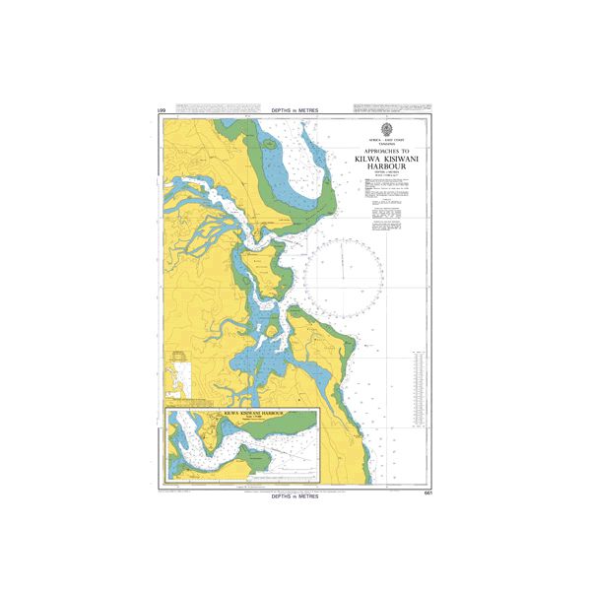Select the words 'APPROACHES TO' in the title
pos(384,151)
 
